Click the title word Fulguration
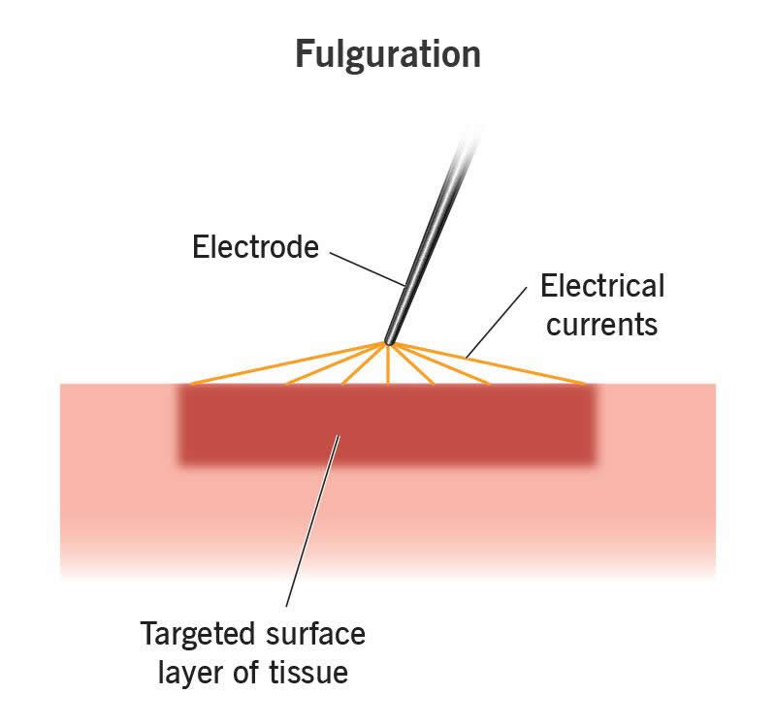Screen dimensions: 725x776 [388, 54]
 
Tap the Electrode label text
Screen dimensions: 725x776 [255, 247]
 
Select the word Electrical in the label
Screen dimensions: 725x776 [602, 287]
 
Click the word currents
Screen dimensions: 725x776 [602, 324]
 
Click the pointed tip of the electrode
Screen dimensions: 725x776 [387, 341]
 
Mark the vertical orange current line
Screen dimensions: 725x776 [387, 364]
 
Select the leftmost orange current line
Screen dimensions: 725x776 [286, 363]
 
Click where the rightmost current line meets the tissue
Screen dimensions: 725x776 [586, 384]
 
